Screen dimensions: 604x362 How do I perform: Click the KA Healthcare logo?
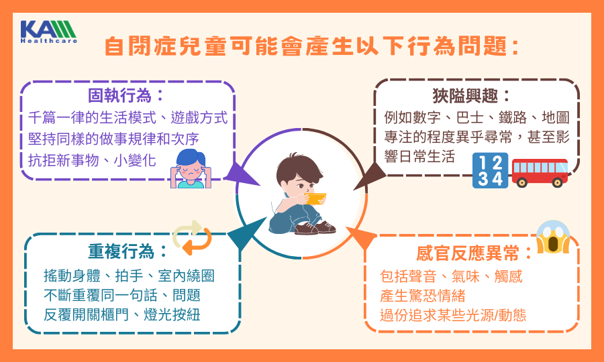[x=49, y=32]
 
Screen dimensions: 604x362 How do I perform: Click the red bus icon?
[x=540, y=173]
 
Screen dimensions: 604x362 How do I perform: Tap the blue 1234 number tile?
[x=490, y=170]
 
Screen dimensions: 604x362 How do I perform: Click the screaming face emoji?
[x=553, y=237]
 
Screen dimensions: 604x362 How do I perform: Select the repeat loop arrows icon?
[x=192, y=238]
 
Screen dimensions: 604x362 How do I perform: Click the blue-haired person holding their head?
[x=191, y=168]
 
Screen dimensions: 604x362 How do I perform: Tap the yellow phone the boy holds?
[x=315, y=198]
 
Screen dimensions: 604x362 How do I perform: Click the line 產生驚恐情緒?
[x=422, y=296]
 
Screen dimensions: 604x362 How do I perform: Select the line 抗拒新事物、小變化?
[x=92, y=160]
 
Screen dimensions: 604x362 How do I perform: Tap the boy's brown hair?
[x=299, y=168]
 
